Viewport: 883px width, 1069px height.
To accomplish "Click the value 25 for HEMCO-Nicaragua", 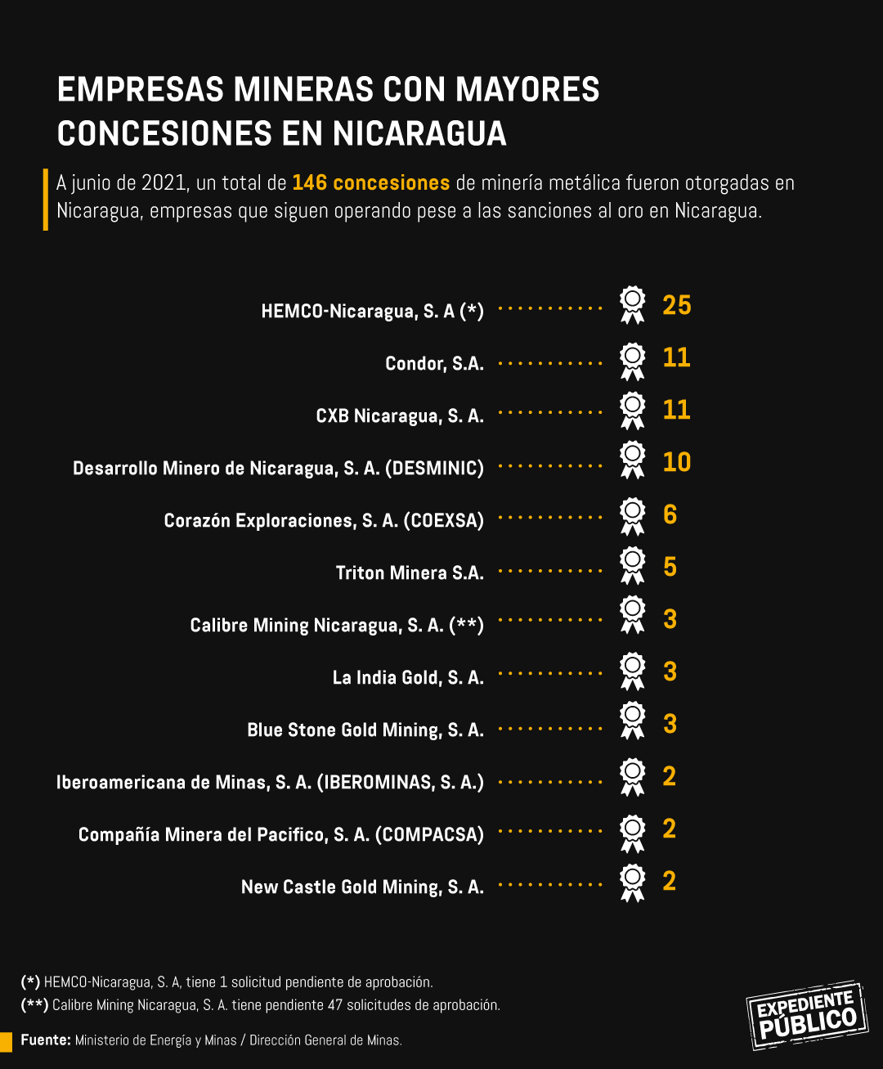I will click(677, 305).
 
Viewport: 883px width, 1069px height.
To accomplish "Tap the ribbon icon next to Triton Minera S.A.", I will click(632, 565).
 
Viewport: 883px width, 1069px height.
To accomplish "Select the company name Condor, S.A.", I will click(434, 363).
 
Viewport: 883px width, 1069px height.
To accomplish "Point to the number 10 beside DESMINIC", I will click(677, 462).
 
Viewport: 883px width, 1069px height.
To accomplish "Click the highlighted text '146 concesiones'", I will click(370, 182).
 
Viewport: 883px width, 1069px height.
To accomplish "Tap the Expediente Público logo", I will click(806, 1015).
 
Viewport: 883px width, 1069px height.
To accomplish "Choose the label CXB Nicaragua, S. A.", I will click(400, 415).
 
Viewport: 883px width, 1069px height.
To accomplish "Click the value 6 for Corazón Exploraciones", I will click(670, 514).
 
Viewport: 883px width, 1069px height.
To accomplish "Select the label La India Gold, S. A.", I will click(408, 677).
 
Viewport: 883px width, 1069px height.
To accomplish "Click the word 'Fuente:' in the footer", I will click(46, 1040).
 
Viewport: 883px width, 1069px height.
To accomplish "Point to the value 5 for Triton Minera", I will click(670, 567).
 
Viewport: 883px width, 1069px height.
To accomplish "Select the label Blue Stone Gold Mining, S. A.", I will click(365, 730).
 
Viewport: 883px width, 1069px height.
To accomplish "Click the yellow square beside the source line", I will click(7, 1040).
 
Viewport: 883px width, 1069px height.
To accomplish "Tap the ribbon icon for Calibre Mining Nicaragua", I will click(632, 615).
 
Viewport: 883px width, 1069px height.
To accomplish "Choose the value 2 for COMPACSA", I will click(670, 829).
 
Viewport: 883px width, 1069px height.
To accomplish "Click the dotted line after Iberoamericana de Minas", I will click(550, 782).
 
